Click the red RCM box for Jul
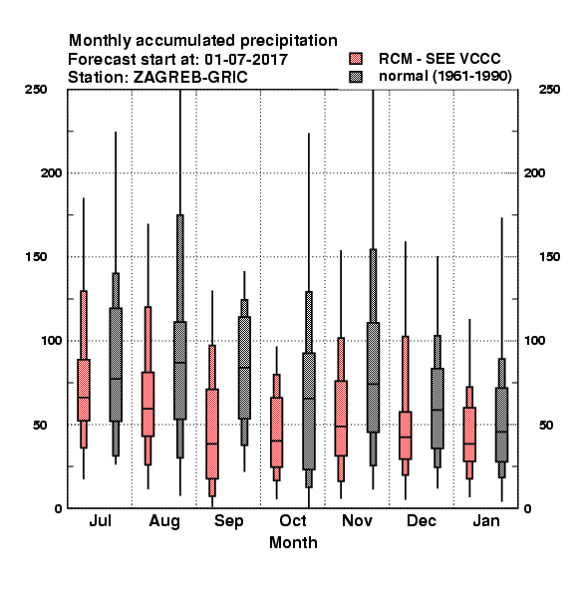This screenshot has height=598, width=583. pyautogui.click(x=84, y=390)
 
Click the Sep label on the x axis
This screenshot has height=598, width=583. pyautogui.click(x=228, y=521)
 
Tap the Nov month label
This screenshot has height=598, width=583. pyautogui.click(x=357, y=520)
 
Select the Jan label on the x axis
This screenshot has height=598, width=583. pyautogui.click(x=486, y=520)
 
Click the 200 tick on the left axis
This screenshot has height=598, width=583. pyautogui.click(x=51, y=172)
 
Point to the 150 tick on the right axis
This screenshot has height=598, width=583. pyautogui.click(x=549, y=257)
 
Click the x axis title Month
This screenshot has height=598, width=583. pyautogui.click(x=293, y=542)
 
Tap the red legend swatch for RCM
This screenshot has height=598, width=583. pyautogui.click(x=356, y=59)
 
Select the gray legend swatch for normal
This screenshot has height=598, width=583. pyautogui.click(x=356, y=77)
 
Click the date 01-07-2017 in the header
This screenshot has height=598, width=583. pyautogui.click(x=246, y=60)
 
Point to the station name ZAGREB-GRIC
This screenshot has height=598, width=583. pyautogui.click(x=190, y=78)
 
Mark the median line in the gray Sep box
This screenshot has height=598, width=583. pyautogui.click(x=244, y=368)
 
